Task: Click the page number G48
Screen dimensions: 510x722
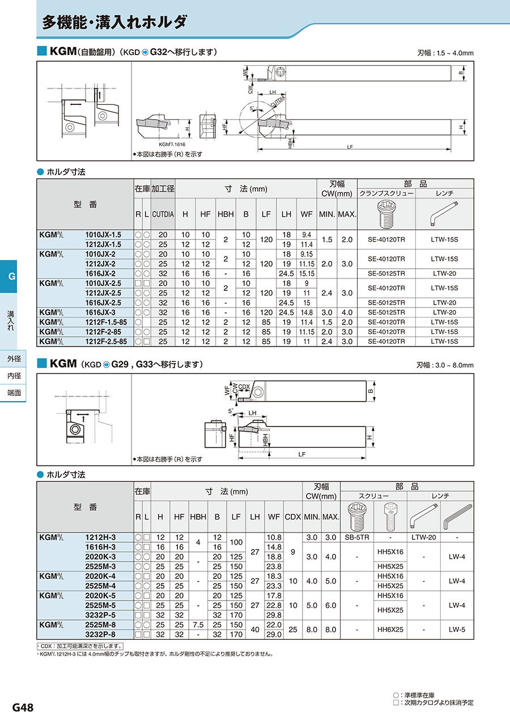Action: point(23,707)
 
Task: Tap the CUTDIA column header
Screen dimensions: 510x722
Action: point(163,214)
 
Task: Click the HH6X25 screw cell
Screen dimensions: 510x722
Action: point(390,630)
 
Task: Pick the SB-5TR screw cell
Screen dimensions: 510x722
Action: point(357,537)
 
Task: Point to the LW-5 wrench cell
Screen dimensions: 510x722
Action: point(457,630)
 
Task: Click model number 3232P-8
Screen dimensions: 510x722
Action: point(100,634)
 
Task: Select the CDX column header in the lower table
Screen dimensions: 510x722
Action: point(292,517)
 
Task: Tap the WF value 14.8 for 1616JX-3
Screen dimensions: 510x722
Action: point(307,313)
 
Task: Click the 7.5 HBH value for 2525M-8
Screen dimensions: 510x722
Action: point(198,624)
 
